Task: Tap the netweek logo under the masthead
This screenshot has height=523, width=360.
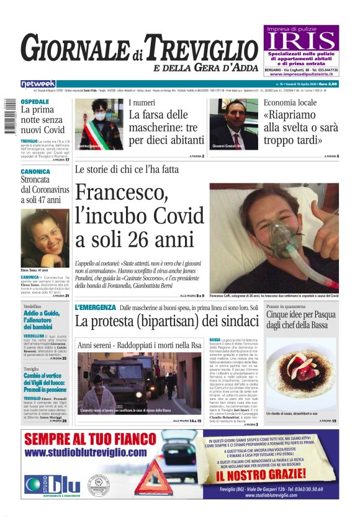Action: click(x=38, y=83)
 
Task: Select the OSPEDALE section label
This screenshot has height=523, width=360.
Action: click(x=35, y=101)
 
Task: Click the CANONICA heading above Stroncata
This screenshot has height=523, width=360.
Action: click(x=35, y=171)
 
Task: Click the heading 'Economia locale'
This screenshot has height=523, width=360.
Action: click(x=290, y=102)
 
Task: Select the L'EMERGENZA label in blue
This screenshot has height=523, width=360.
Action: click(x=95, y=307)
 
